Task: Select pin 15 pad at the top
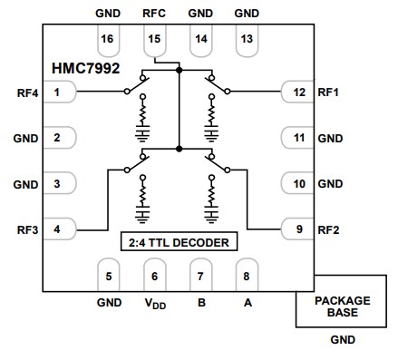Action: click(154, 40)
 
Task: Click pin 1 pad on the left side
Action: click(59, 92)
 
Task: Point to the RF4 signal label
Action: click(25, 92)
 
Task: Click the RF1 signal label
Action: click(329, 92)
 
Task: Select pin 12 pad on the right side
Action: click(296, 92)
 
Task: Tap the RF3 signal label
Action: click(25, 229)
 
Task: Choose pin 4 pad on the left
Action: click(59, 229)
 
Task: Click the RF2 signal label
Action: click(329, 229)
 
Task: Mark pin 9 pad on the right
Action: click(296, 229)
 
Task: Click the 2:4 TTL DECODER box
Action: click(179, 243)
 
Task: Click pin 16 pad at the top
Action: click(108, 40)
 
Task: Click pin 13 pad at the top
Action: click(246, 40)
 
